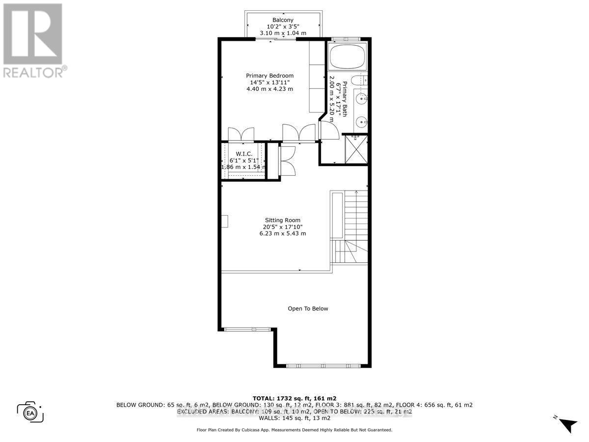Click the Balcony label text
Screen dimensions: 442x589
point(283,20)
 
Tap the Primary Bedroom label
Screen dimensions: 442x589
point(269,76)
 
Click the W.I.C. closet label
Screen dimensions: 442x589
point(243,154)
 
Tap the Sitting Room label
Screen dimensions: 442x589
point(282,221)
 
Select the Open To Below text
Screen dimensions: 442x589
point(308,309)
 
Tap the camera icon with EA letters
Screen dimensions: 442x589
point(30,412)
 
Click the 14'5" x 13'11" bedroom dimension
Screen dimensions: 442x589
point(269,83)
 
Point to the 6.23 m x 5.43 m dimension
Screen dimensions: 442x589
point(282,234)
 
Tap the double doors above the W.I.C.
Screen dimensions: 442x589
point(241,134)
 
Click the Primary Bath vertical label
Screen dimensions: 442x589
point(345,98)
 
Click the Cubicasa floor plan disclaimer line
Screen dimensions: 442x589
point(294,430)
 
